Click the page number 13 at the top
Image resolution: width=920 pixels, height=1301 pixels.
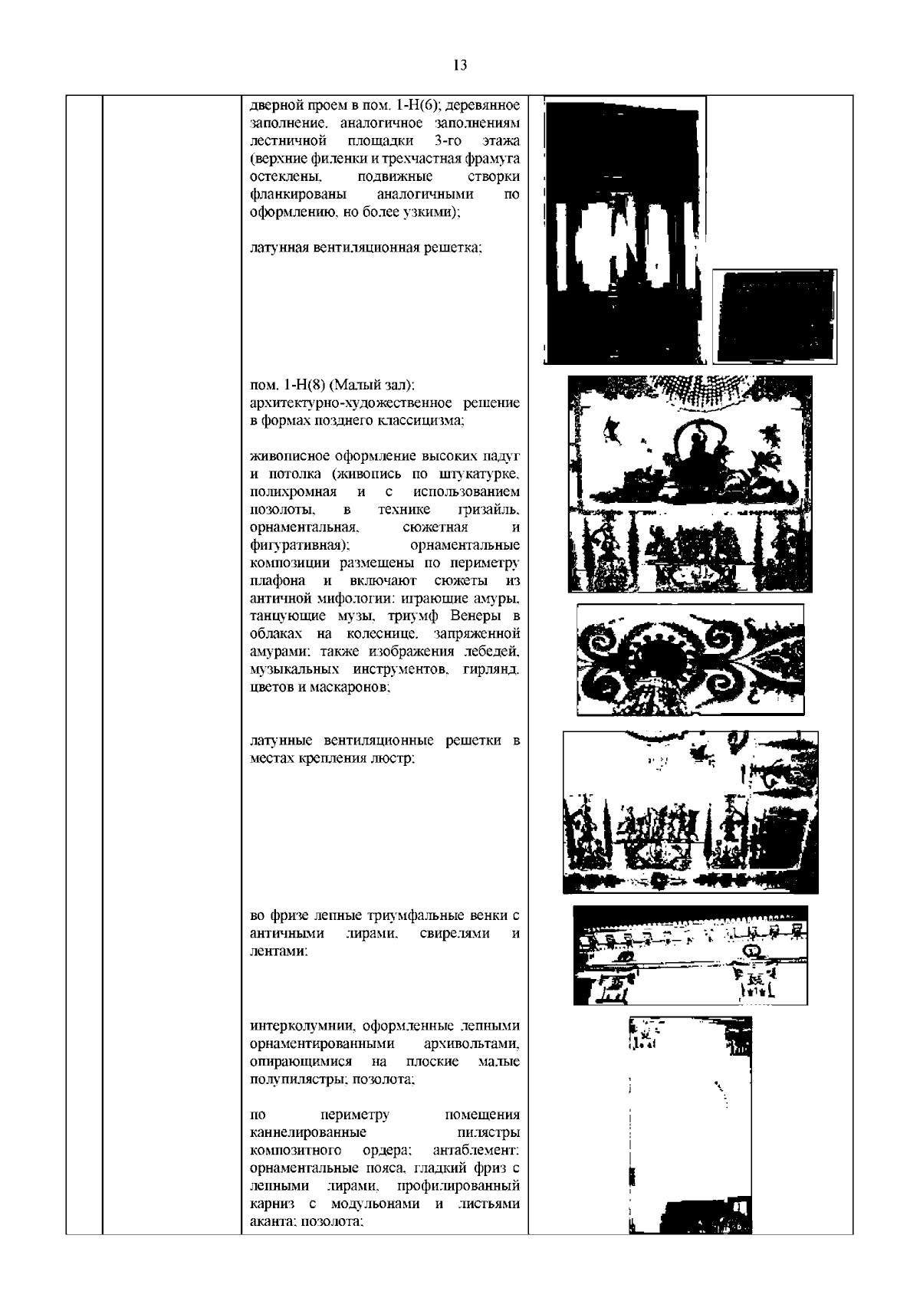pos(460,65)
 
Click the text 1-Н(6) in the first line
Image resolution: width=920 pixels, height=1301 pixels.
pos(422,104)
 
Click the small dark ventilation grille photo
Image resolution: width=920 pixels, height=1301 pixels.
pos(774,316)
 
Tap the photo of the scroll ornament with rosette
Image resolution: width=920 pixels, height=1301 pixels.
pos(690,659)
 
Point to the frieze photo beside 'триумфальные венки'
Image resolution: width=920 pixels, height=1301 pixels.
pos(690,954)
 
